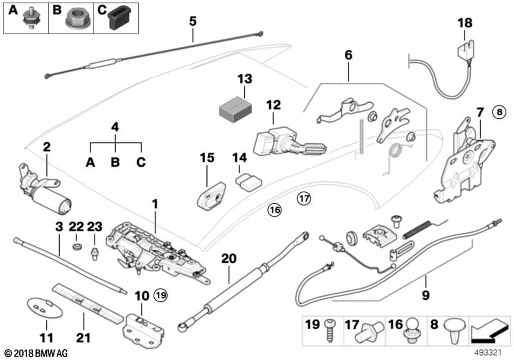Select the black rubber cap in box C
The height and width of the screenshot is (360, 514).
(x=119, y=18)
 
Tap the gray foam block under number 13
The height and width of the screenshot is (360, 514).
(x=235, y=110)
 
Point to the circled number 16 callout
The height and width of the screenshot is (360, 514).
(x=274, y=209)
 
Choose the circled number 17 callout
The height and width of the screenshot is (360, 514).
(x=304, y=199)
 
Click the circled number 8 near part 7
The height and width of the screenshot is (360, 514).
(x=499, y=113)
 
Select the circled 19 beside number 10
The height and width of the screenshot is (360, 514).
(x=161, y=296)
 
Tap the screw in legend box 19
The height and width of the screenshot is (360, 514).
(x=329, y=331)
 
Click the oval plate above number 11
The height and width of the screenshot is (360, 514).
(x=44, y=308)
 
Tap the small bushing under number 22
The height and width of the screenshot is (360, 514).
(x=77, y=246)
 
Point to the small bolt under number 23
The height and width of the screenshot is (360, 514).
(x=95, y=254)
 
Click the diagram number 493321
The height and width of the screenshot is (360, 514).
(x=488, y=353)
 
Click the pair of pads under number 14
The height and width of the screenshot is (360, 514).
(x=248, y=182)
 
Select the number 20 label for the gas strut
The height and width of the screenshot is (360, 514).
(x=229, y=259)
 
